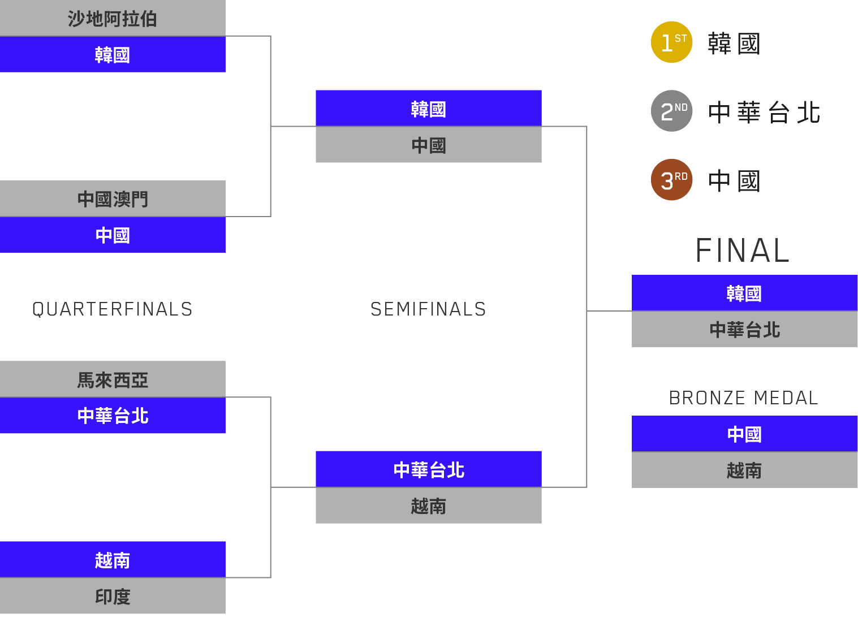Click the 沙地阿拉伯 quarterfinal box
pyautogui.click(x=113, y=18)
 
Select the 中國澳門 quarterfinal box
pyautogui.click(x=113, y=198)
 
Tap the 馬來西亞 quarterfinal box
pyautogui.click(x=113, y=379)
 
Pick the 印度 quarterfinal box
pyautogui.click(x=113, y=596)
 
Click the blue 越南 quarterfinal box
pyautogui.click(x=113, y=560)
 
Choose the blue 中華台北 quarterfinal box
pyautogui.click(x=113, y=416)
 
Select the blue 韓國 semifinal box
pyautogui.click(x=428, y=109)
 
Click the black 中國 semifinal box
pyautogui.click(x=428, y=145)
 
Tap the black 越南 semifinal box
pyautogui.click(x=428, y=506)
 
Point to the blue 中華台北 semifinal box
pyautogui.click(x=428, y=469)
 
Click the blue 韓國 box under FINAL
pyautogui.click(x=744, y=293)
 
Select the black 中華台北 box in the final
pyautogui.click(x=744, y=329)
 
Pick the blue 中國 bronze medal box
pyautogui.click(x=744, y=434)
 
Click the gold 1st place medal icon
pyautogui.click(x=671, y=42)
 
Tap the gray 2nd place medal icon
pyautogui.click(x=671, y=111)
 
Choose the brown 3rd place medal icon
pyautogui.click(x=671, y=180)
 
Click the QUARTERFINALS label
pyautogui.click(x=112, y=309)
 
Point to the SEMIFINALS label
pyautogui.click(x=428, y=309)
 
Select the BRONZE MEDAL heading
pyautogui.click(x=744, y=398)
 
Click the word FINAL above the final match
pyautogui.click(x=743, y=250)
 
